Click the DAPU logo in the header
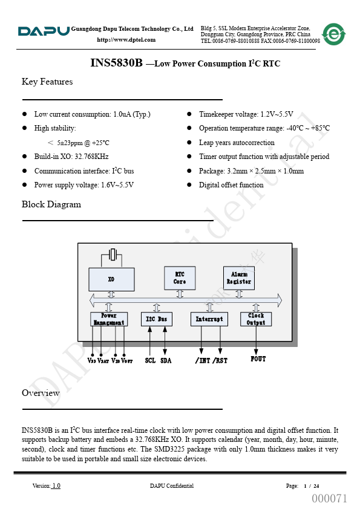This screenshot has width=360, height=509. (x=44, y=31)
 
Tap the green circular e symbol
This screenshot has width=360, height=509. (x=334, y=34)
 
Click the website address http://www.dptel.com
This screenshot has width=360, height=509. (x=126, y=40)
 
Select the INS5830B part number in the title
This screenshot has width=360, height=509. (x=116, y=63)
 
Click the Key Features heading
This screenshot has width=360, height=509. (x=47, y=82)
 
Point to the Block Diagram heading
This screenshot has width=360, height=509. (x=51, y=204)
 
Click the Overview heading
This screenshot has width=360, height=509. (x=41, y=393)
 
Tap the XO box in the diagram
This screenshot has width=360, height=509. (x=111, y=279)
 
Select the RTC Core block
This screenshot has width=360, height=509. (x=180, y=278)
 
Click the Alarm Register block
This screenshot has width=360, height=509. (x=239, y=278)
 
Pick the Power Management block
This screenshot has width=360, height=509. (x=109, y=319)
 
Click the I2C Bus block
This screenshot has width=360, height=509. (x=157, y=319)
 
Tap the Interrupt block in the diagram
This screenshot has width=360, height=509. (x=209, y=319)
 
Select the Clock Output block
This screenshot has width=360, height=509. (x=256, y=319)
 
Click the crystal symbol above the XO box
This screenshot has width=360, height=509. (x=113, y=254)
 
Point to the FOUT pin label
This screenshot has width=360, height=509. (x=258, y=358)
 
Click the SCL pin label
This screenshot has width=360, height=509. (x=150, y=360)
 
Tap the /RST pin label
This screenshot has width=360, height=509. (x=220, y=360)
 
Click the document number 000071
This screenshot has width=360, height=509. (x=330, y=498)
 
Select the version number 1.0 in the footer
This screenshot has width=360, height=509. (x=56, y=485)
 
